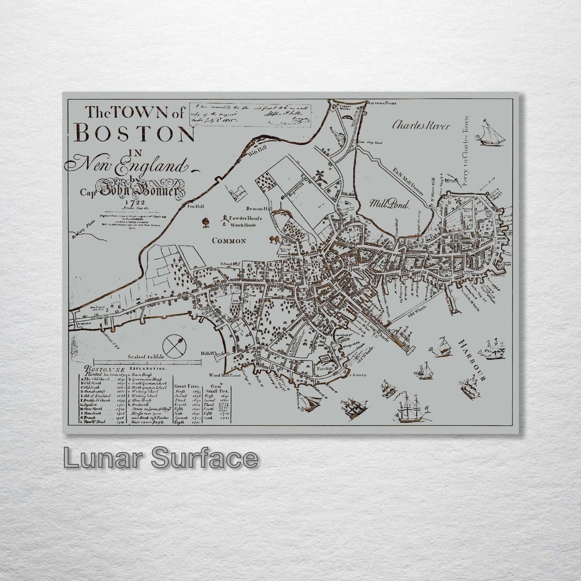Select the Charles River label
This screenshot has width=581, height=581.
point(421,125)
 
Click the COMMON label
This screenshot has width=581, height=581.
point(228,241)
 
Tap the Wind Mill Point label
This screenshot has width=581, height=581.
point(224,375)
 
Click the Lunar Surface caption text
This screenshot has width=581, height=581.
point(160,458)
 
